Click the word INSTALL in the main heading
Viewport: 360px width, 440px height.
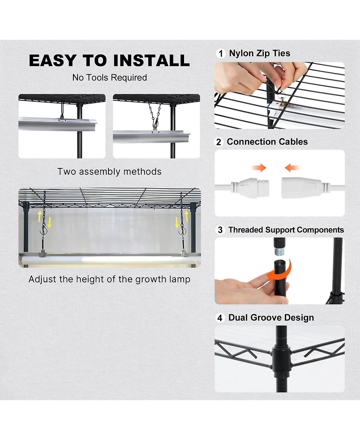151,60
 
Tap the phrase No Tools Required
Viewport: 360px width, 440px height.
110,77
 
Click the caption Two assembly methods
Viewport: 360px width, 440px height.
109,172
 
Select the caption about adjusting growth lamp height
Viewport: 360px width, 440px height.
109,279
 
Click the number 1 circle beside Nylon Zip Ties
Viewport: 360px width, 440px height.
221,54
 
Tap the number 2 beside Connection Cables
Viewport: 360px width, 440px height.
219,142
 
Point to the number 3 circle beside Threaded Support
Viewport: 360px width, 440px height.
220,230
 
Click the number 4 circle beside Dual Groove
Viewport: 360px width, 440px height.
220,318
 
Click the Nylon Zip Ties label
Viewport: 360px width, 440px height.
260,53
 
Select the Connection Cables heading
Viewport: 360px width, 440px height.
267,142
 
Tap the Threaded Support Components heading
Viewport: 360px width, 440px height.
286,230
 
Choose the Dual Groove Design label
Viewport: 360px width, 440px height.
271,318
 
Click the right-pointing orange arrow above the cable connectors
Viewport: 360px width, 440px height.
259,168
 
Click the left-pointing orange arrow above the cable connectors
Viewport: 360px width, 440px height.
292,168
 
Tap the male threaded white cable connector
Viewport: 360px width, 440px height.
250,186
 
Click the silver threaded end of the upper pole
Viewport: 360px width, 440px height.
279,250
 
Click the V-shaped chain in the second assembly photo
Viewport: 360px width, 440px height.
154,115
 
